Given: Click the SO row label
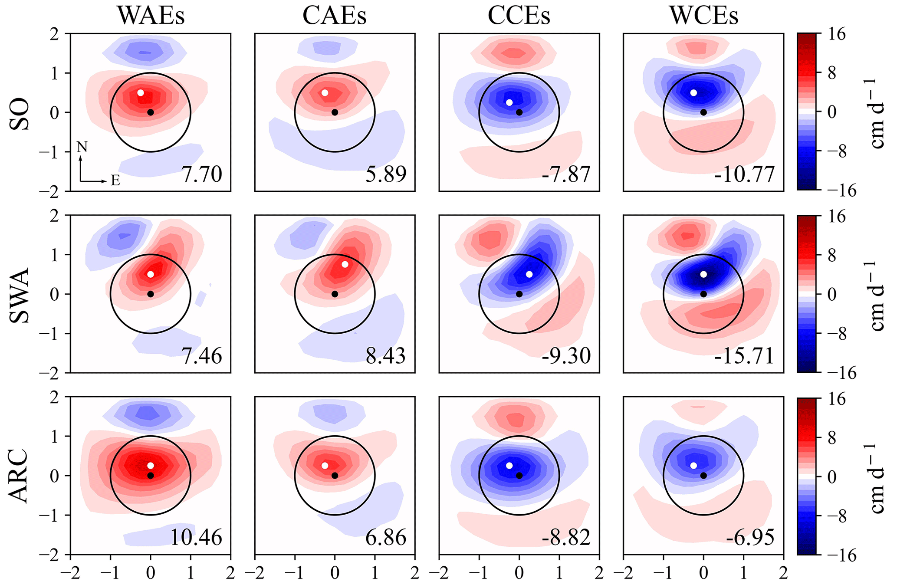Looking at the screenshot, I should pos(20,114).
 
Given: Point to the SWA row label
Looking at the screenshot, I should pos(20,295).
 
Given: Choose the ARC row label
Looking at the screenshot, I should pos(20,476).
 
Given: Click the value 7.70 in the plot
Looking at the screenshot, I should pos(201,174).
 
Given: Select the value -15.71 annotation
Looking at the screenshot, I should pos(744,356).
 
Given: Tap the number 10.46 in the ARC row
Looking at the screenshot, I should pos(196,537).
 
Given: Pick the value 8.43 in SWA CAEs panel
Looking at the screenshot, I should pos(385,356).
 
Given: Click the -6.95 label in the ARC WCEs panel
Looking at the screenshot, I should pos(750,537).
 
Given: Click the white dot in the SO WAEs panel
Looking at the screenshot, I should pos(141,93).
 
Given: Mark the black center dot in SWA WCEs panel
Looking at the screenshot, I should pos(703,294).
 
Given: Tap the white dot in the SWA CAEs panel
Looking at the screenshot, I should pos(345,264).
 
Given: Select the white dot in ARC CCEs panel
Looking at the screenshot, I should pos(509,466).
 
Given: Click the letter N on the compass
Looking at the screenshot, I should pos(82,148).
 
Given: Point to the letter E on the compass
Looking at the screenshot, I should pos(115,181).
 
